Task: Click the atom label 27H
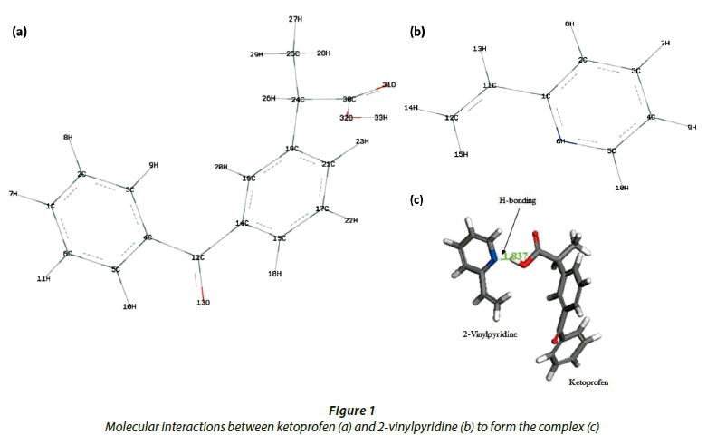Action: (295, 19)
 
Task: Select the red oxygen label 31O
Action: (387, 84)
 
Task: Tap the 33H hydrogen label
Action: (380, 118)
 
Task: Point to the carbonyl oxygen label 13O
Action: (203, 303)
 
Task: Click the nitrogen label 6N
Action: (560, 141)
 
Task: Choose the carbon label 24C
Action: (297, 99)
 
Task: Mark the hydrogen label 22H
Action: (349, 220)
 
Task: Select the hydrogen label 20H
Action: (221, 168)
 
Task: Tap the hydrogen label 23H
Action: (361, 141)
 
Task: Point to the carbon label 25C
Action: (292, 54)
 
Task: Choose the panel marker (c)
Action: (417, 200)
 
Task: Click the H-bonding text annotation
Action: (513, 201)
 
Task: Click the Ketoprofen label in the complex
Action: (588, 383)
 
